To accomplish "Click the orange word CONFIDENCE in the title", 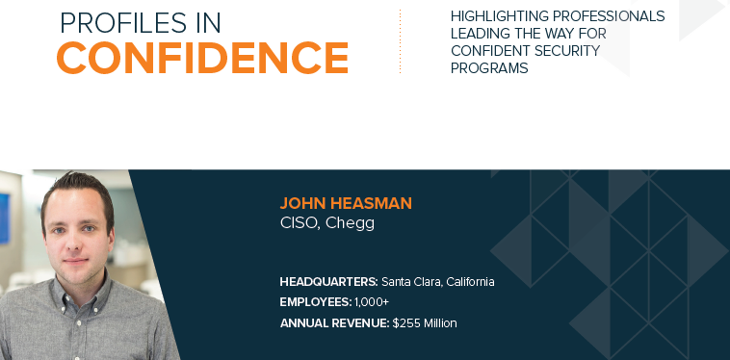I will [202, 58].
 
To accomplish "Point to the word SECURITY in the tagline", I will [574, 51].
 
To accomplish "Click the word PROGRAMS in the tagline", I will [489, 68].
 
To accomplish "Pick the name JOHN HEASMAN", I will [345, 203].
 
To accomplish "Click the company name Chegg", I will [350, 223].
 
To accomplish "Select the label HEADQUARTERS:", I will [328, 282].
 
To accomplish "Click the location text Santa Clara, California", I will [437, 282].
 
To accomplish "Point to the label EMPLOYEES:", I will [316, 302].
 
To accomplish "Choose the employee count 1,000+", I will [373, 302].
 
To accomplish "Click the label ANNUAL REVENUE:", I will [334, 323].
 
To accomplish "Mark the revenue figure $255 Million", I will [425, 323].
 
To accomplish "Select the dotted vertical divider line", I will [400, 42].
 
